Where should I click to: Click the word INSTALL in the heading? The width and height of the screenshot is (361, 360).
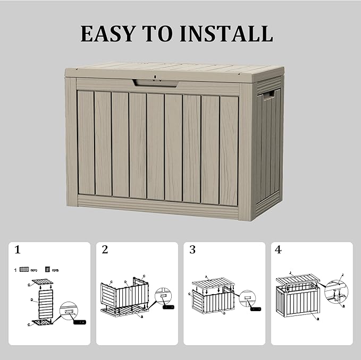pos(226,33)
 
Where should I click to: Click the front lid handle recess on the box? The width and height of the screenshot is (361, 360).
pos(155,83)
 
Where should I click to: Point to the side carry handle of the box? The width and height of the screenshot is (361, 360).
pos(268,96)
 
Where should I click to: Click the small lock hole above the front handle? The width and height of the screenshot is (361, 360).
pos(155,77)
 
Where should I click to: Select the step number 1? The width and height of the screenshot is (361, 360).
pos(18,250)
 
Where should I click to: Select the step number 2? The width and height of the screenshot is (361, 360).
pos(105,250)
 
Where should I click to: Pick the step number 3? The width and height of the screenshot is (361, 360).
pos(192,250)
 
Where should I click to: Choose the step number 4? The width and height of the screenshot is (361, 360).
pos(279,250)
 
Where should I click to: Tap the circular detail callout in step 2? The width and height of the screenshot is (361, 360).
pos(162,298)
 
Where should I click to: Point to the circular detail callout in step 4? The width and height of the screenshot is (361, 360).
pos(337,292)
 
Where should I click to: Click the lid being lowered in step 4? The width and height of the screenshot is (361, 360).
pos(298,279)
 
